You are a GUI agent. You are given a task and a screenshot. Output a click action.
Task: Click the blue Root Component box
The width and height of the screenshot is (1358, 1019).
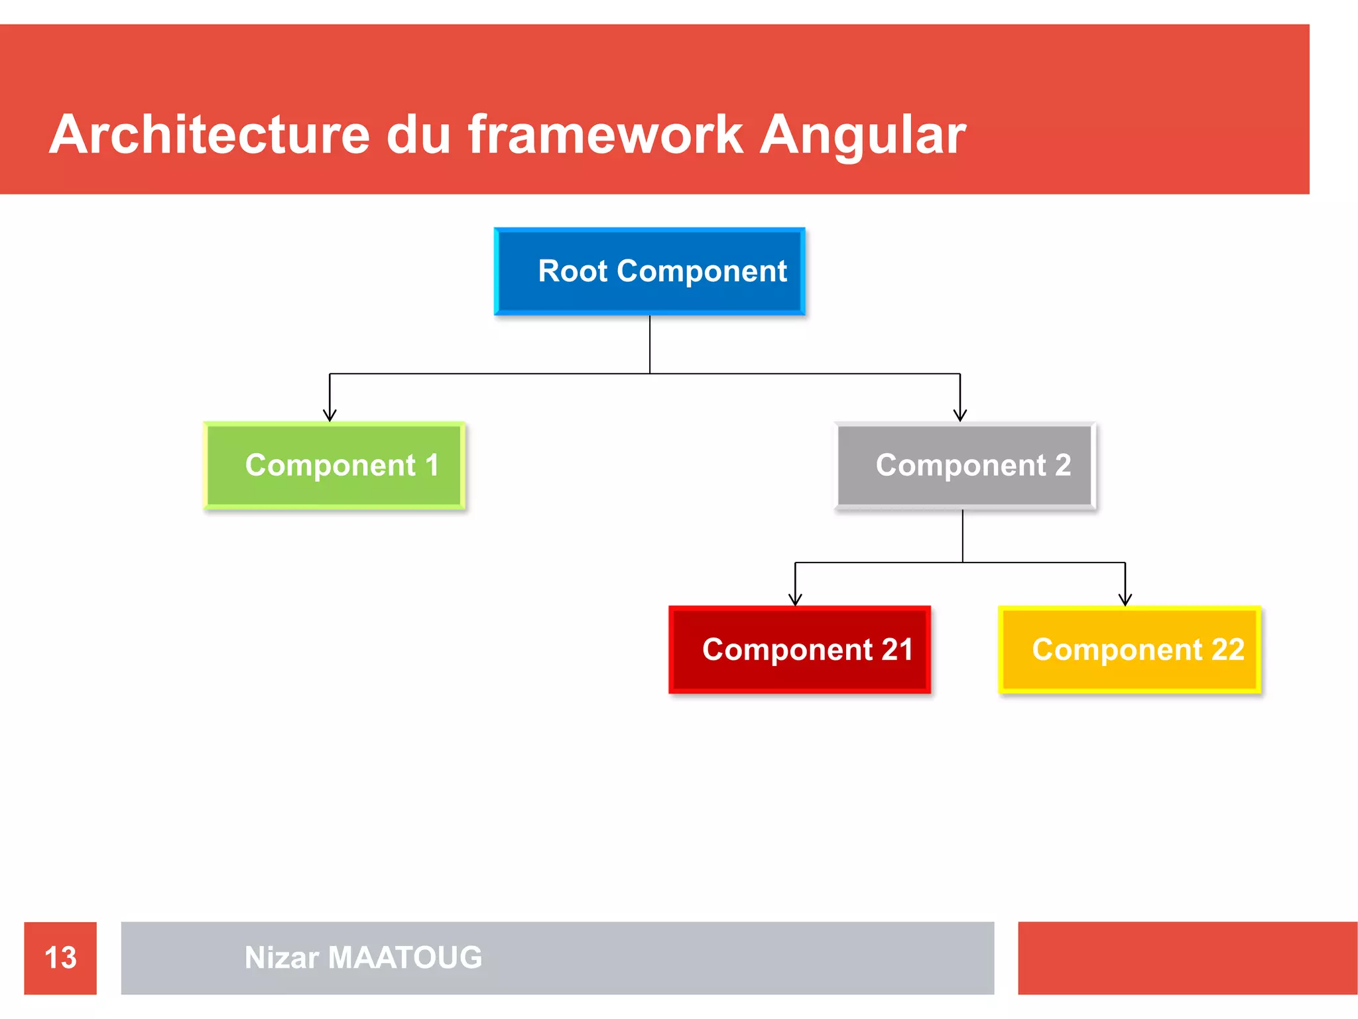(x=650, y=271)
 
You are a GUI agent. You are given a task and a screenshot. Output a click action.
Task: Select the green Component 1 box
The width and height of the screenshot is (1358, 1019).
(x=334, y=466)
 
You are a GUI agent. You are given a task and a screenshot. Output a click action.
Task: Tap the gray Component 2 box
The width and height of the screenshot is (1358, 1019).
(x=965, y=466)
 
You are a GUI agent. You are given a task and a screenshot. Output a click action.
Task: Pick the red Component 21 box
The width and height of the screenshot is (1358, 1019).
(x=800, y=649)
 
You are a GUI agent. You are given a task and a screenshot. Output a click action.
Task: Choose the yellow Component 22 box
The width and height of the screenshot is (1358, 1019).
(x=1129, y=649)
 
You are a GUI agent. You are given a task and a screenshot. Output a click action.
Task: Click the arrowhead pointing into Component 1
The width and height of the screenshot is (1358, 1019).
(x=330, y=415)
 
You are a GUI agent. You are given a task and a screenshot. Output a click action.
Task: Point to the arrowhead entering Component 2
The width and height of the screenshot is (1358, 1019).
(x=960, y=415)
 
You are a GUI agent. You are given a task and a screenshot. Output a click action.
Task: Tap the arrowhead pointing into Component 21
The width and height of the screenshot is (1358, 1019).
(x=795, y=600)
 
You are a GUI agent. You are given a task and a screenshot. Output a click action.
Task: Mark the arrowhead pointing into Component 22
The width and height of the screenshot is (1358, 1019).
(x=1125, y=600)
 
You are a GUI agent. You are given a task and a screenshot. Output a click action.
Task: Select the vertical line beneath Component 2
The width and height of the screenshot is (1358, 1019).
(x=963, y=535)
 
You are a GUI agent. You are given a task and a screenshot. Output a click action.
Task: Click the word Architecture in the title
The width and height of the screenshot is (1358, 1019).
(x=209, y=135)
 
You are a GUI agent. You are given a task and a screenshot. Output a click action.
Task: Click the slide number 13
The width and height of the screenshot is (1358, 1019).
(x=60, y=958)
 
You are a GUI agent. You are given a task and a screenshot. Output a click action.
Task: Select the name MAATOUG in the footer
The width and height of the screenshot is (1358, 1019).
(x=404, y=958)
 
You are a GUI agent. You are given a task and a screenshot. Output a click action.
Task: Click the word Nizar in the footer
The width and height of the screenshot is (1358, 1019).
(x=282, y=958)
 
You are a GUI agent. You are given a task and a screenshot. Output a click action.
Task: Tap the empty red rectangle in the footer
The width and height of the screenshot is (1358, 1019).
(x=1187, y=958)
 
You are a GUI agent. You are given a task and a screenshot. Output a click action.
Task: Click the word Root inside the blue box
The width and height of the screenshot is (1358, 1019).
(x=573, y=271)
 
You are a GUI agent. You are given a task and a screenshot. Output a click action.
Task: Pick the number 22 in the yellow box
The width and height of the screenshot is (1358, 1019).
(x=1227, y=649)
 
